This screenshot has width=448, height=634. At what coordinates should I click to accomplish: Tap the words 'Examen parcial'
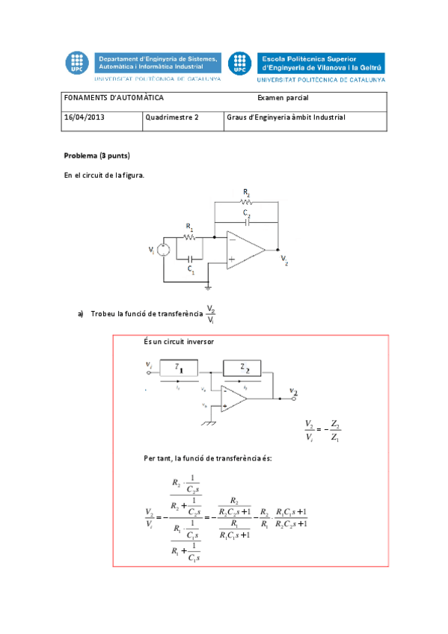(283, 98)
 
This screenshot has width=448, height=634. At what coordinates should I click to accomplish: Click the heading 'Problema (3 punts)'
(97, 156)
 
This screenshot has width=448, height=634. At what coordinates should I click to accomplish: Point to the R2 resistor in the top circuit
(246, 202)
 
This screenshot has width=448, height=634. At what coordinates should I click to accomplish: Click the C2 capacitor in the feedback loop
(246, 222)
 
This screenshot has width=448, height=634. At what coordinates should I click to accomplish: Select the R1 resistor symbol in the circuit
(189, 237)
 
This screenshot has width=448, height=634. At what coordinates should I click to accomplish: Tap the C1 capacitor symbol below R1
(191, 259)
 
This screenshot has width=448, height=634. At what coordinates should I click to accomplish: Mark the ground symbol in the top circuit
(209, 286)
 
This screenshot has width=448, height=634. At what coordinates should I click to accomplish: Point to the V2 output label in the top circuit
(284, 259)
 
